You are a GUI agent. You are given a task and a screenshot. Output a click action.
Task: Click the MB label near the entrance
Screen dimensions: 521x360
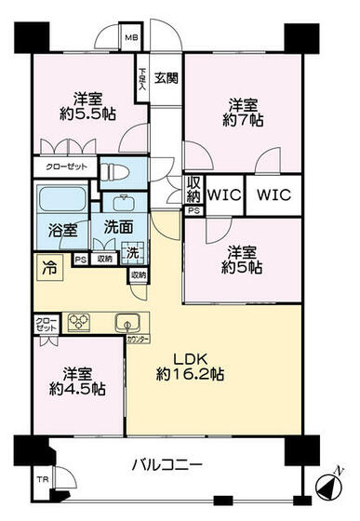133,40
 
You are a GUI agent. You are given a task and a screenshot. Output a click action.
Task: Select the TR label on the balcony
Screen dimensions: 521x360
42,480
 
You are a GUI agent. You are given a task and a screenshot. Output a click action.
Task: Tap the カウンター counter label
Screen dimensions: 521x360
138,339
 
